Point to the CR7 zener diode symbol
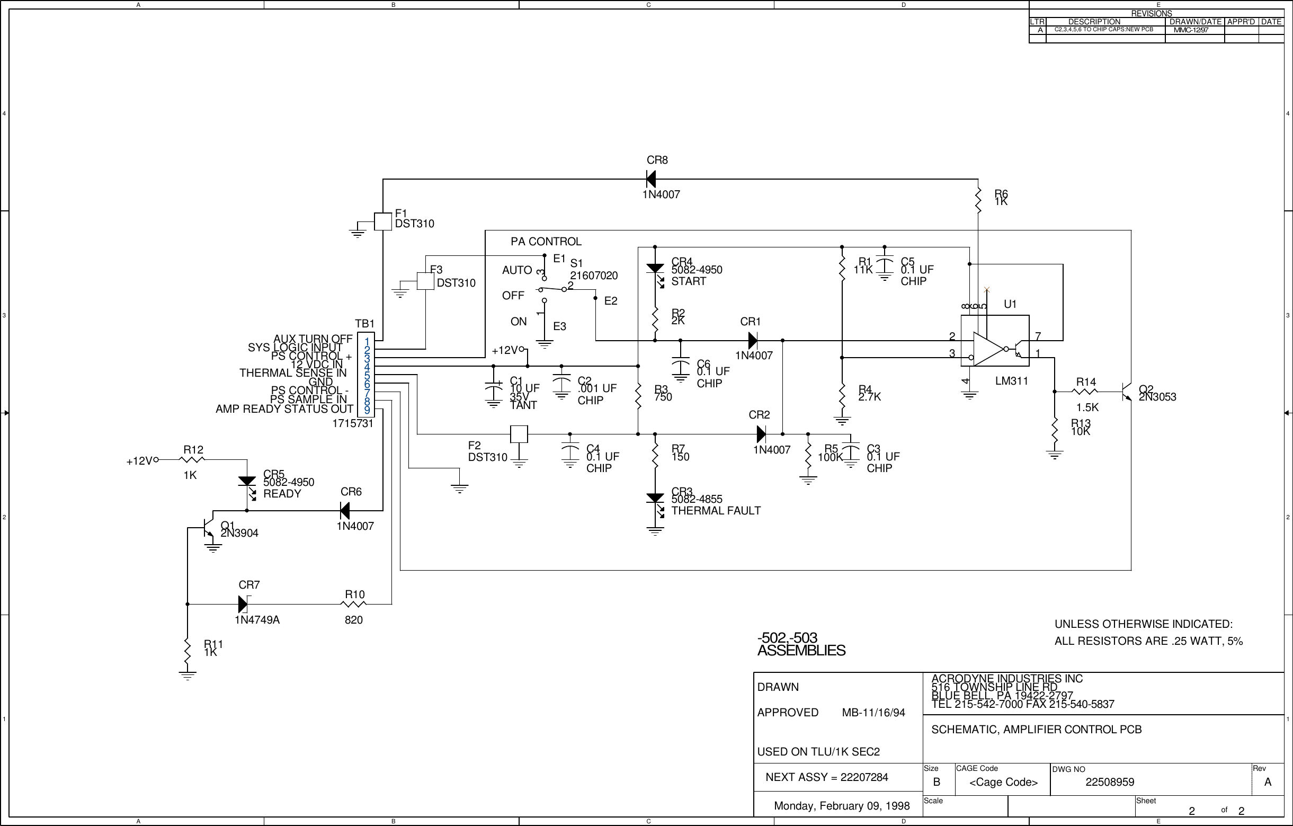point(243,604)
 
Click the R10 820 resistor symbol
point(354,604)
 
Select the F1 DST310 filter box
point(382,221)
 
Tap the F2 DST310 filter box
point(519,434)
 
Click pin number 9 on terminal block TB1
point(367,410)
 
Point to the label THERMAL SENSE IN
point(292,372)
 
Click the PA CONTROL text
point(546,242)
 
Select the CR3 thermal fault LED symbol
point(655,499)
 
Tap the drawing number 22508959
point(1109,783)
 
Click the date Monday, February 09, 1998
point(841,805)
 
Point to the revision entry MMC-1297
point(1190,30)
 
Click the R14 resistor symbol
point(1086,392)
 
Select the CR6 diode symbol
point(345,511)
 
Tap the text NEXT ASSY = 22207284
point(826,777)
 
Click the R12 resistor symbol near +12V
point(193,460)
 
